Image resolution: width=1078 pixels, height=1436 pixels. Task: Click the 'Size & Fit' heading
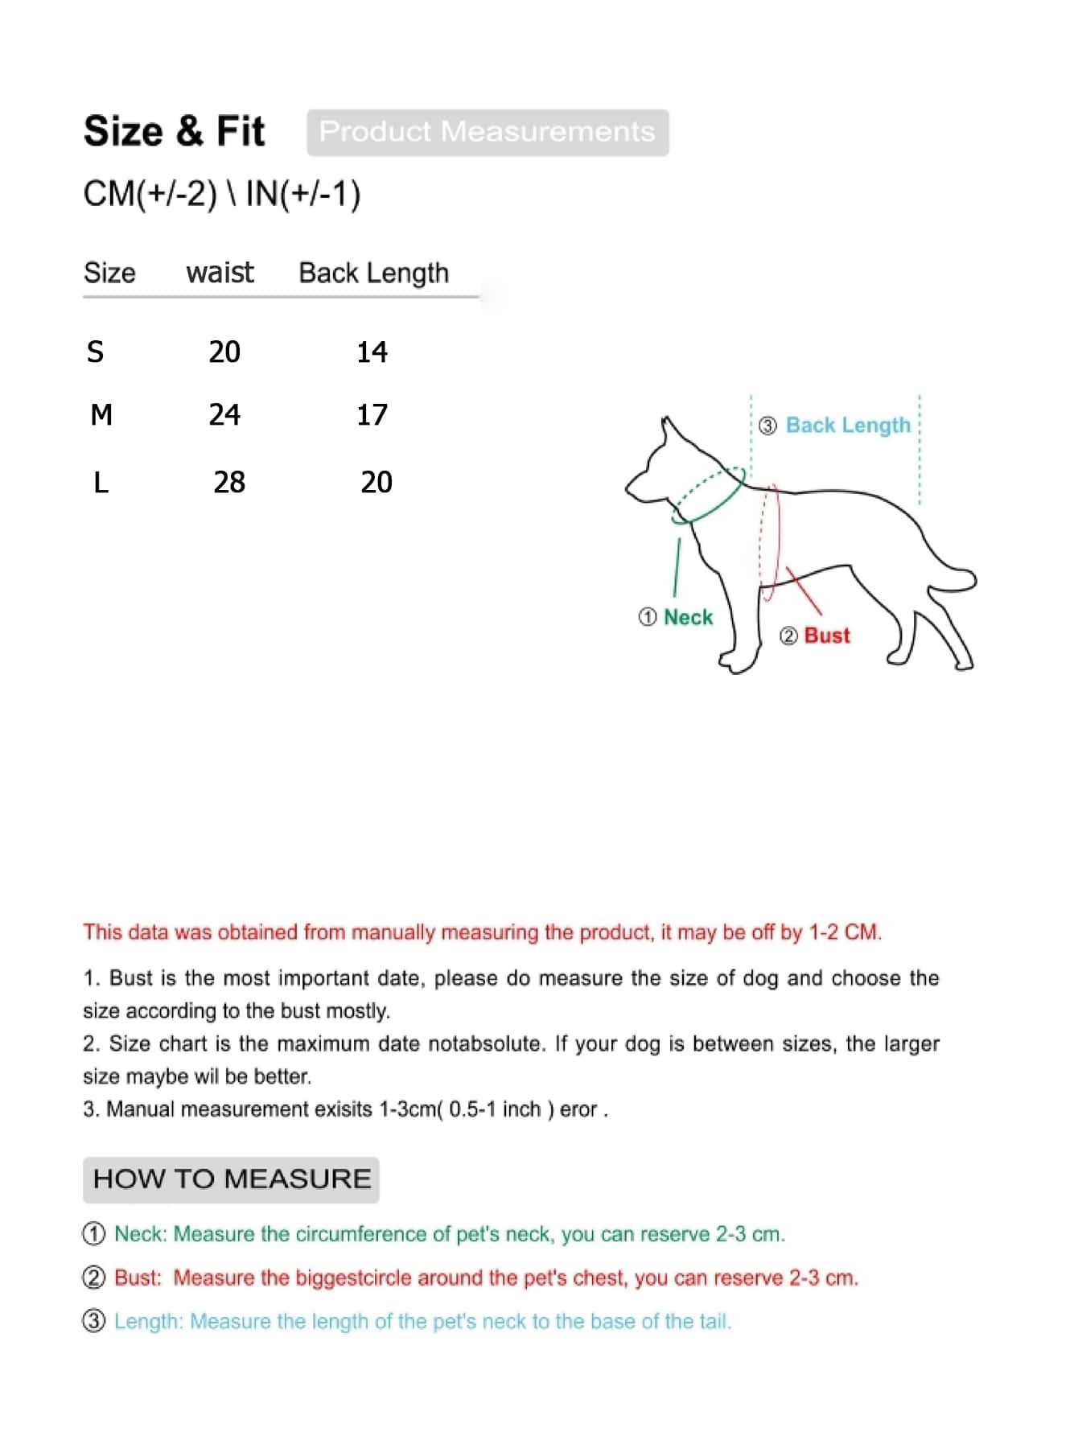click(174, 131)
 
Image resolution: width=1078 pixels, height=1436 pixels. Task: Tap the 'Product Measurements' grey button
click(487, 132)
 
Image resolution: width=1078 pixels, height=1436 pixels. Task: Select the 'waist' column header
click(220, 273)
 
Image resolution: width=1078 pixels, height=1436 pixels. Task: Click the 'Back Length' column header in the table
click(373, 273)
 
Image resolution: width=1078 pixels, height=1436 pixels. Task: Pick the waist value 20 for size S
click(224, 352)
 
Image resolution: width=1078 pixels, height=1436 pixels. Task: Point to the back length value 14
click(372, 352)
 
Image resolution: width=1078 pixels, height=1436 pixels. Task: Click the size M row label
click(101, 414)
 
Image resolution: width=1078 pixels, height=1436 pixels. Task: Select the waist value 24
click(224, 414)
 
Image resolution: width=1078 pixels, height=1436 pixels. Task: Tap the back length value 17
click(372, 414)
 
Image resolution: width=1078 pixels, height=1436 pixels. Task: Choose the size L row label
click(101, 482)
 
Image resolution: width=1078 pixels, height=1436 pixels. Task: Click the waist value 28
click(229, 482)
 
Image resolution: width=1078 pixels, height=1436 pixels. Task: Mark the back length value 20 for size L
click(376, 482)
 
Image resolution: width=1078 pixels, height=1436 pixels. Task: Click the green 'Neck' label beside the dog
click(688, 617)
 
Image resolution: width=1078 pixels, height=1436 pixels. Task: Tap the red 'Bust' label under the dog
click(826, 636)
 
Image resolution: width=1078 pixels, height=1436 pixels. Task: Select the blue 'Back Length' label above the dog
click(847, 425)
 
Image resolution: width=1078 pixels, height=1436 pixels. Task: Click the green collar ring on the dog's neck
click(708, 495)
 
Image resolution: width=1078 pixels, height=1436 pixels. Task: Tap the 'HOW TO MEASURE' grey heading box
click(231, 1179)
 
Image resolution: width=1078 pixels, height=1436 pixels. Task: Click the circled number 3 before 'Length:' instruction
click(94, 1321)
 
